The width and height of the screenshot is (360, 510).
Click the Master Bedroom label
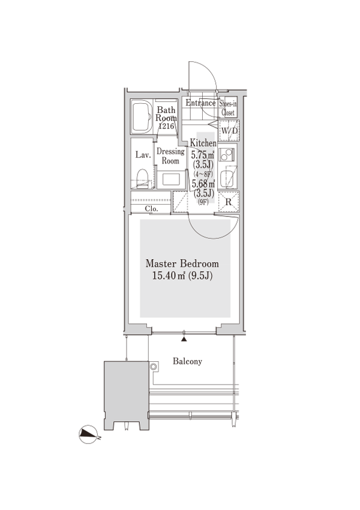[182, 263]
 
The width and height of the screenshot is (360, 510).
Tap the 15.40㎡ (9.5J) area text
[182, 276]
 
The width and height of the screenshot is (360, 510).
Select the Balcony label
[187, 361]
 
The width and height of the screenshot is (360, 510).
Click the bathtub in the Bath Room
[142, 116]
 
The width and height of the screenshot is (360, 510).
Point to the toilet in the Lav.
[142, 178]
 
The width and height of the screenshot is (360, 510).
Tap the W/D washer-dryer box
[229, 130]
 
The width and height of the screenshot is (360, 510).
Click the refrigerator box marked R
[229, 202]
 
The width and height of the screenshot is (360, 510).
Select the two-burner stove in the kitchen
[226, 154]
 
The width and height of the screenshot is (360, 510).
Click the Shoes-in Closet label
[227, 108]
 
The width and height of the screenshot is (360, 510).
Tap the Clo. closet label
[151, 209]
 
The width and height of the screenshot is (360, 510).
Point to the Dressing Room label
[170, 156]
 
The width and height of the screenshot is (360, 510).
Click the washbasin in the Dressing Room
[171, 179]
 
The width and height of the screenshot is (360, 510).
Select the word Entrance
[200, 103]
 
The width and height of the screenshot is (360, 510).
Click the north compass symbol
[88, 434]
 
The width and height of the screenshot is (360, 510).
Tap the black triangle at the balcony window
[184, 339]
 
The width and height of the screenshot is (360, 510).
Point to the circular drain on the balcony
[154, 367]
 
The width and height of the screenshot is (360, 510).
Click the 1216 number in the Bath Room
[166, 125]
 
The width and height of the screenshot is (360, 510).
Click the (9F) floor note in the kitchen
[203, 202]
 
